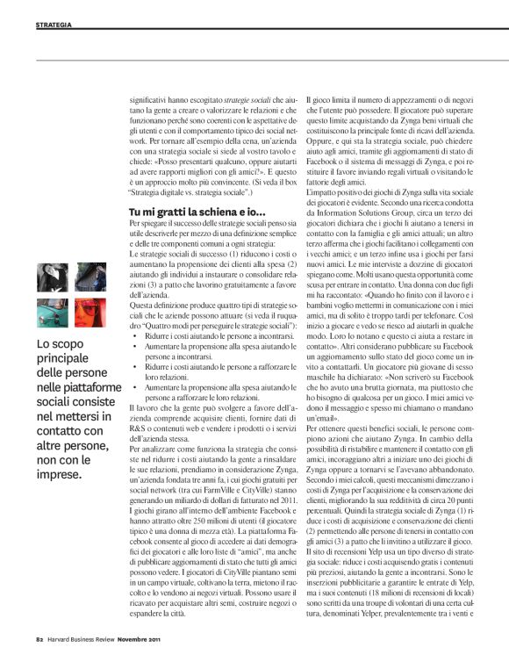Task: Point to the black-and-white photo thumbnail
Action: point(50,277)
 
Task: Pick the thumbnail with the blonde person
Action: point(86,277)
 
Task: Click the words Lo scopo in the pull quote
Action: point(57,345)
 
